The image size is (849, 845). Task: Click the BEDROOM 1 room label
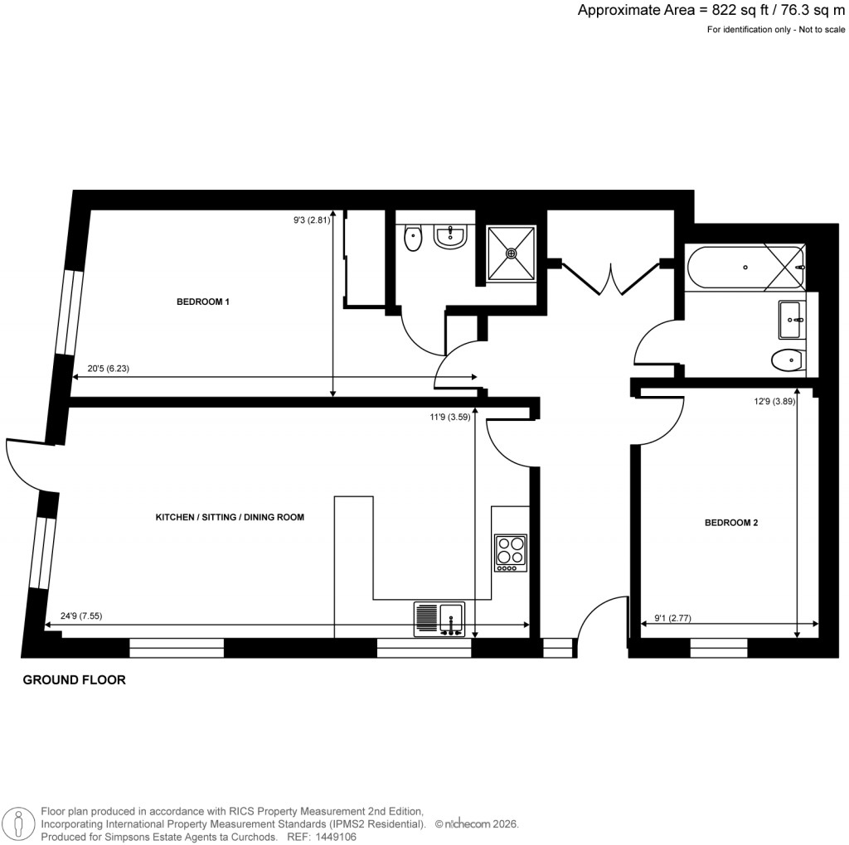pos(202,302)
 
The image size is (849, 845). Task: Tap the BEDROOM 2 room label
pos(731,523)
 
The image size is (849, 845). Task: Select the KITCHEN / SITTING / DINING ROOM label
pos(230,517)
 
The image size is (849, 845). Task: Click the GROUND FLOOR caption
pos(74,680)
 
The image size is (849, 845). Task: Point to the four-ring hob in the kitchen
pos(511,553)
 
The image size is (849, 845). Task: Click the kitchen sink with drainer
pos(439,620)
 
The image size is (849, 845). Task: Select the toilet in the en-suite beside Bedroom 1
pos(413,239)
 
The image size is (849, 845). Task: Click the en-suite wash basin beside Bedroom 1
pos(451,237)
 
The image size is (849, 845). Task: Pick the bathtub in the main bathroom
pos(745,267)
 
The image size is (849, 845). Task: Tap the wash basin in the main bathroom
pos(791,319)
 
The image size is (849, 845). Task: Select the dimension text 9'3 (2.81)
pos(313,220)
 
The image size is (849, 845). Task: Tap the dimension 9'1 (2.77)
pos(672,616)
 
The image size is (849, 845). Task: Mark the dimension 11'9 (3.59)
pos(447,418)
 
